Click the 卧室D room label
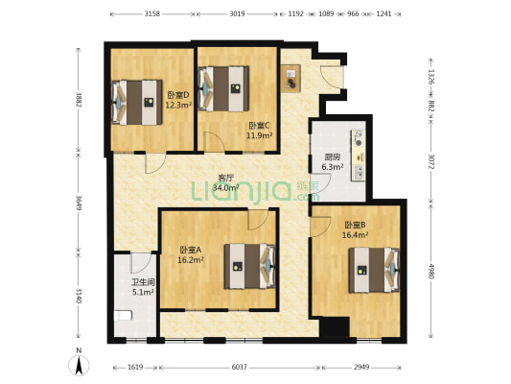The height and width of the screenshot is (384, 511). pyautogui.click(x=177, y=95)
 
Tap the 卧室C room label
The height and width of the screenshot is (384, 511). pyautogui.click(x=259, y=126)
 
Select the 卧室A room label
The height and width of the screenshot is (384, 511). pyautogui.click(x=190, y=251)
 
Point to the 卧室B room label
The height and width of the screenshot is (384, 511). pyautogui.click(x=355, y=225)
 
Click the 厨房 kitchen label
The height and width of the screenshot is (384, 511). pyautogui.click(x=333, y=157)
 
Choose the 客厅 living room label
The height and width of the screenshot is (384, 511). pyautogui.click(x=226, y=178)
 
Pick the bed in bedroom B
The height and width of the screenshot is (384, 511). pyautogui.click(x=374, y=270)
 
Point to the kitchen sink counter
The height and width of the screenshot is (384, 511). pyautogui.click(x=359, y=154)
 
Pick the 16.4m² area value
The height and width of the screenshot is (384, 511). pyautogui.click(x=355, y=234)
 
